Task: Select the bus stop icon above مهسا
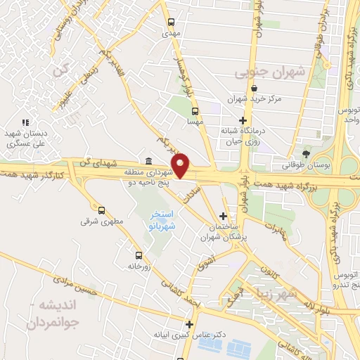[x=195, y=110]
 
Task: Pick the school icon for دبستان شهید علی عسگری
[x=25, y=123]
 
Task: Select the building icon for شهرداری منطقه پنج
[x=148, y=161]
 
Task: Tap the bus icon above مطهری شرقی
[x=102, y=210]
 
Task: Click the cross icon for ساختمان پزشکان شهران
[x=223, y=216]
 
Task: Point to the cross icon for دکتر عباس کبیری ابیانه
[x=188, y=324]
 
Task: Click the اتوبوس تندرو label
[x=345, y=281]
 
